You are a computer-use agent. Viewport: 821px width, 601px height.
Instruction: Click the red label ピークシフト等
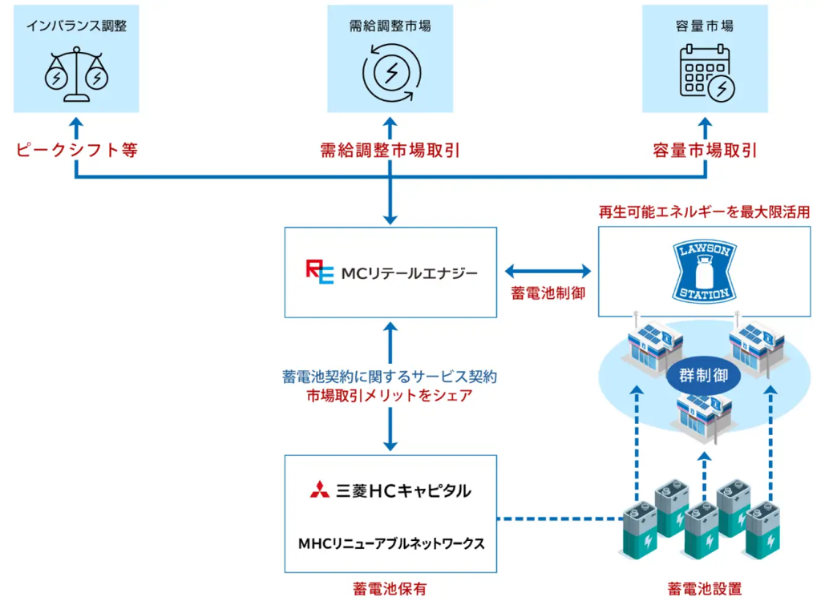click(x=77, y=150)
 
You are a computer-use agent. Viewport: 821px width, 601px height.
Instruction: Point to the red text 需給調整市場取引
click(x=390, y=150)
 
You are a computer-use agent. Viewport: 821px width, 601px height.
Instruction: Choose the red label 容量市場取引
click(x=705, y=150)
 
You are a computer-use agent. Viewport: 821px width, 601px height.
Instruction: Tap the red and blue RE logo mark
click(x=318, y=272)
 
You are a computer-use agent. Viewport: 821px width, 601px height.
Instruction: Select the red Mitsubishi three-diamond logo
click(x=320, y=490)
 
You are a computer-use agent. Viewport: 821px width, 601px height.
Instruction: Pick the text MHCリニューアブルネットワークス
click(x=390, y=543)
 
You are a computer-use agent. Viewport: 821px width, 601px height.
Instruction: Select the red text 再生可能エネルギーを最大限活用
click(x=705, y=212)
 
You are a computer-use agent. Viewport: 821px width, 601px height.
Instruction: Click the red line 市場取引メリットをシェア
click(x=390, y=395)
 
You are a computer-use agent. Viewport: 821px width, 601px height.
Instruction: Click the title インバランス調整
click(x=77, y=26)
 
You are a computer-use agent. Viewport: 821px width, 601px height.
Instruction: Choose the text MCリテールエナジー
click(x=410, y=272)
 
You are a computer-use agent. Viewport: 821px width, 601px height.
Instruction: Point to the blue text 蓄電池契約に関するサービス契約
click(x=390, y=375)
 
